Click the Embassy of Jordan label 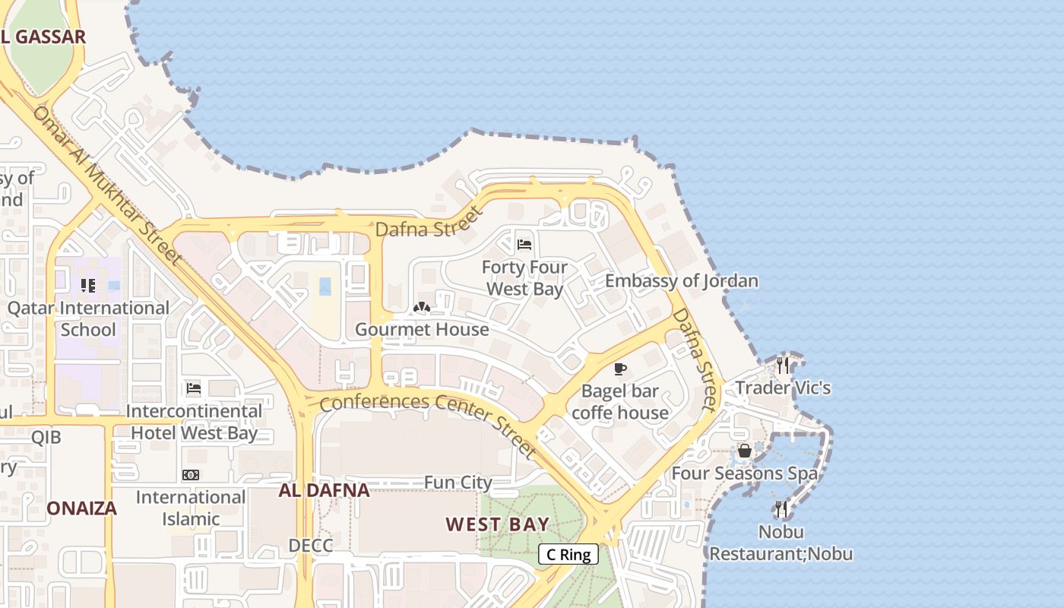(x=682, y=281)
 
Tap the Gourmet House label (x=422, y=329)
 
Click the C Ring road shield (x=568, y=554)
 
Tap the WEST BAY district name (x=497, y=524)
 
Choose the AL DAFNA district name (x=324, y=490)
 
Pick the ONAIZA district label (x=82, y=508)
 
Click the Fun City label (x=458, y=483)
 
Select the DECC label (x=311, y=546)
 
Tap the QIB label (x=46, y=437)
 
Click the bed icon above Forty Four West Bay (x=524, y=245)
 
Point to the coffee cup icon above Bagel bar (x=620, y=369)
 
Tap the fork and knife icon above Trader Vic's (x=783, y=366)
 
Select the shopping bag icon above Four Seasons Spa (x=745, y=451)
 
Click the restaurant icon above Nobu (x=781, y=508)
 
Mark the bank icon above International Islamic (x=191, y=475)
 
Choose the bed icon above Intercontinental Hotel (x=194, y=388)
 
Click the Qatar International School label (x=88, y=318)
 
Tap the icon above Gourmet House (x=422, y=307)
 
